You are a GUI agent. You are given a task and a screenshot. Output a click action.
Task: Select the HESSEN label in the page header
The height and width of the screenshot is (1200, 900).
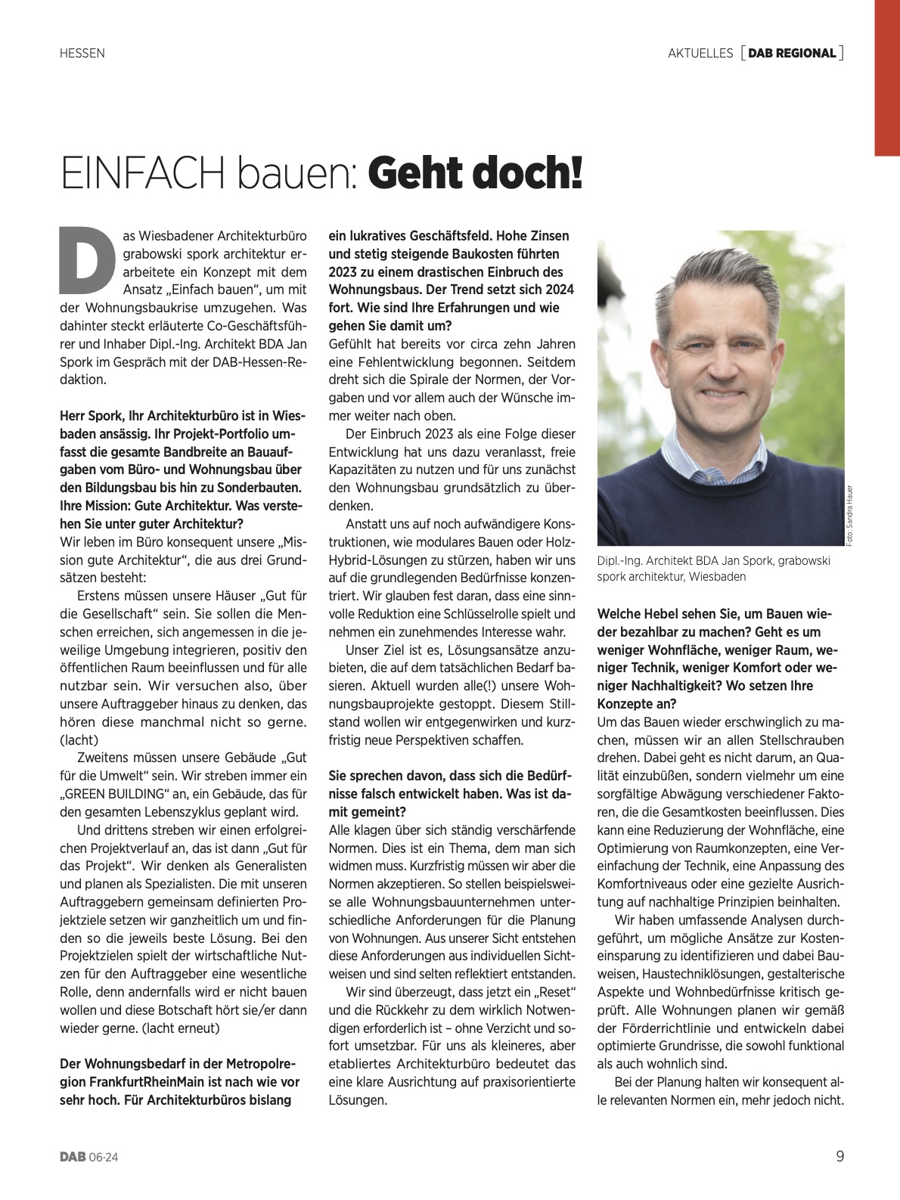tap(82, 53)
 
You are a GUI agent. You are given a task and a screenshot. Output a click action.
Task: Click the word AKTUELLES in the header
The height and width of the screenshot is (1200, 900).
tap(700, 53)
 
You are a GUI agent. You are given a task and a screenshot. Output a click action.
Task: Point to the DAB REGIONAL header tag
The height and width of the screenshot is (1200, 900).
tap(792, 53)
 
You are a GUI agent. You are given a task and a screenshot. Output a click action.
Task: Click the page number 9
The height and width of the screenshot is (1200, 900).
tap(839, 1156)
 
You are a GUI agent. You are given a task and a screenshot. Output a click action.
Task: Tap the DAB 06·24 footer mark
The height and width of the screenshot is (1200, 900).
tap(90, 1157)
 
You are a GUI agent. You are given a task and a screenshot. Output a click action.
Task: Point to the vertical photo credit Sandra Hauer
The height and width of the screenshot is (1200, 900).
tap(850, 515)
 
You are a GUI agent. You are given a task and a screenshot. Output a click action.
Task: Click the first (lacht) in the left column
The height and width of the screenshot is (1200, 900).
tap(79, 740)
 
